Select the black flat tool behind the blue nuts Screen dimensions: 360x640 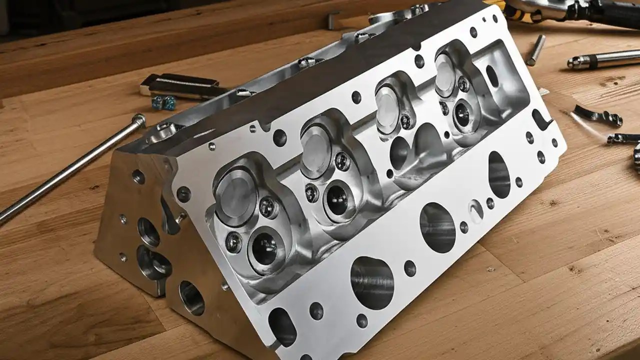pos(182,85)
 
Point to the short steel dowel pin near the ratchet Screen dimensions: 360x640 pos(535,50)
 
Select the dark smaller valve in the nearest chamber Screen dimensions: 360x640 pos(265,247)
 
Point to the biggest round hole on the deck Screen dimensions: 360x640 pos(372,282)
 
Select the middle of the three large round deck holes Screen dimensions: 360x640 pos(437,227)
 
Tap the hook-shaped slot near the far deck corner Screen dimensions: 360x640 pos(541,120)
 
